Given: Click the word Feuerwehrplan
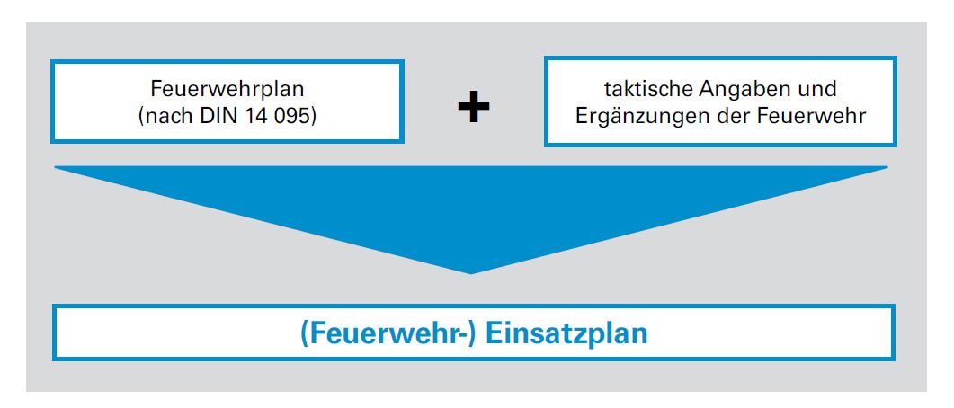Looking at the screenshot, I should click(227, 90).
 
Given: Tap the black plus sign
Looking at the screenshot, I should click(473, 108).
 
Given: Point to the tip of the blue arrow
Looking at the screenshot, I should click(471, 271).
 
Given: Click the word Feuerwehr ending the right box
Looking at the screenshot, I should click(816, 117).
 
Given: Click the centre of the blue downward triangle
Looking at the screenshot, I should click(471, 202).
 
